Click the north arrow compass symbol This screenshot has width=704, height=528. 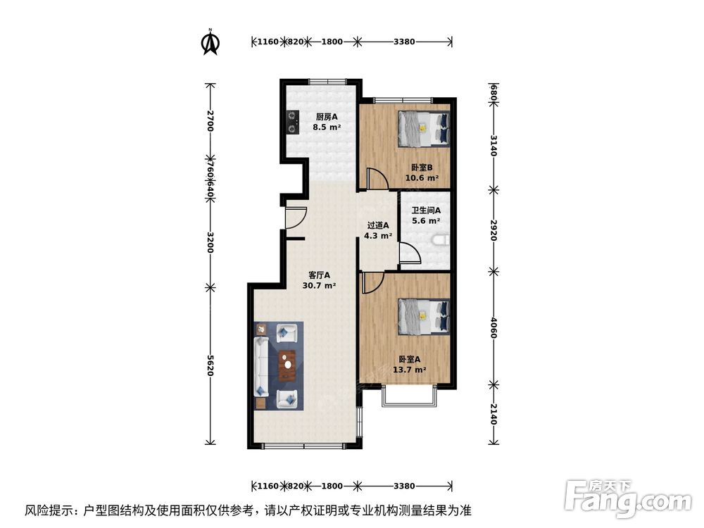point(210,42)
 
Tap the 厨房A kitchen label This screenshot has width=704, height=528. point(327,118)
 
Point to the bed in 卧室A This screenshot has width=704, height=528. point(424,316)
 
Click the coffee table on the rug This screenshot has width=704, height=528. point(287,365)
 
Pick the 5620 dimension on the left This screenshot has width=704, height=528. point(210,365)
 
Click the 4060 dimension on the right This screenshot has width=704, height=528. point(494,326)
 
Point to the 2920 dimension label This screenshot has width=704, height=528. point(494,228)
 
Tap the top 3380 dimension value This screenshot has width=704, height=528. point(404,42)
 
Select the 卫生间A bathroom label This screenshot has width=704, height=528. point(427,210)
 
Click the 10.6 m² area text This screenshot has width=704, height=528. point(421,178)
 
